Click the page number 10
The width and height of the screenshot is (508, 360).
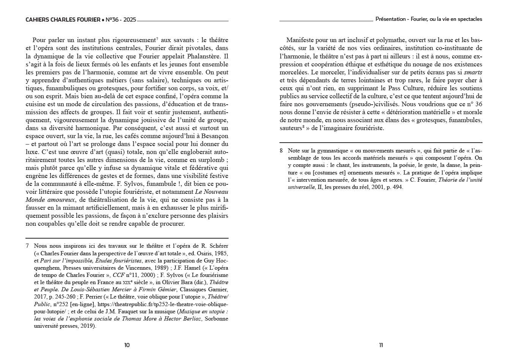tap(127, 345)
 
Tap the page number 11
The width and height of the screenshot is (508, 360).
tap(381, 345)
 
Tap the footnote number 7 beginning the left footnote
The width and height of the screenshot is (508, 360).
tap(27, 246)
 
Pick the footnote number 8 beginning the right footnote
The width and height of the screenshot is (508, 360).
tap(281, 151)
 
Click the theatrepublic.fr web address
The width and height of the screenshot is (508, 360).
tap(163, 304)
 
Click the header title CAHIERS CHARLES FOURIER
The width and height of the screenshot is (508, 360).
tap(63, 19)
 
